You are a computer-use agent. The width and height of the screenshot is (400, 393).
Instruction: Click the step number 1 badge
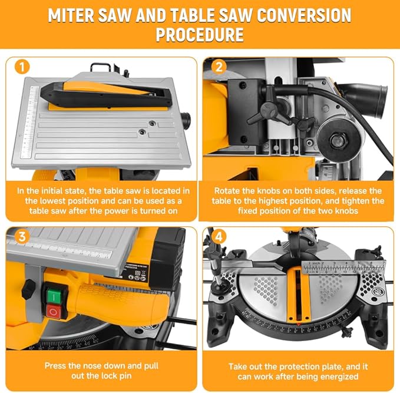21,67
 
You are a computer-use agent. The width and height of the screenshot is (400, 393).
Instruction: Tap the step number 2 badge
219,67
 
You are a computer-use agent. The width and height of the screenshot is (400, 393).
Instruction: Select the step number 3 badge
21,237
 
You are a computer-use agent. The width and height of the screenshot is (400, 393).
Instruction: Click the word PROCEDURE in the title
200,35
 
